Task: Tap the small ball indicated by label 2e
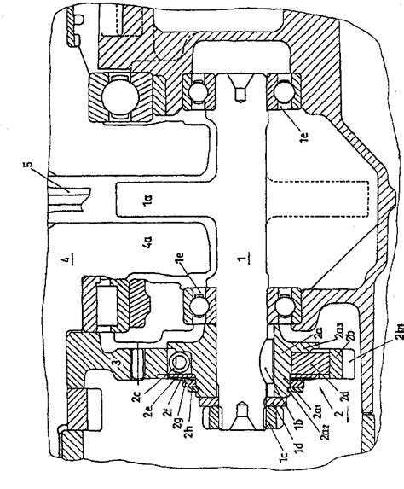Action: [178, 364]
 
